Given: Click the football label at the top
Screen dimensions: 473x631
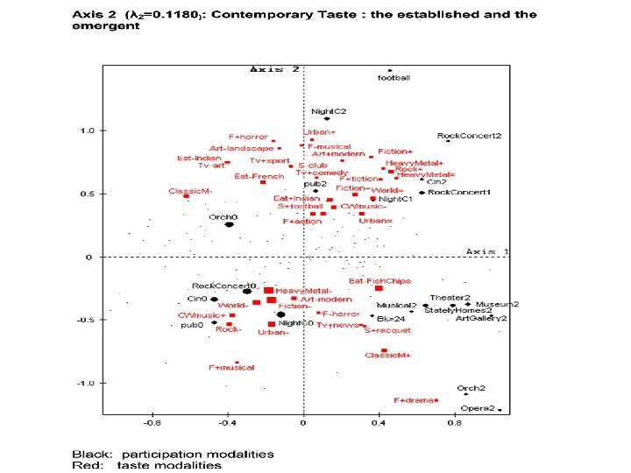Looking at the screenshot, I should pyautogui.click(x=393, y=78).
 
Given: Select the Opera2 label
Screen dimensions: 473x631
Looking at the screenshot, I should pyautogui.click(x=479, y=408).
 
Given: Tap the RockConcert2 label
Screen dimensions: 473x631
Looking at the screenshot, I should pyautogui.click(x=469, y=137).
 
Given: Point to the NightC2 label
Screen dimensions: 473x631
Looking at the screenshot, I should pyautogui.click(x=330, y=111).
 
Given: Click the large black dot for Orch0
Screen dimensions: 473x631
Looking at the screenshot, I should pyautogui.click(x=229, y=224).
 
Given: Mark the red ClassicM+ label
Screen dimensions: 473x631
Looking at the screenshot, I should pyautogui.click(x=387, y=356).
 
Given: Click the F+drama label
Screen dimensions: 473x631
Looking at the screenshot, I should pyautogui.click(x=415, y=400).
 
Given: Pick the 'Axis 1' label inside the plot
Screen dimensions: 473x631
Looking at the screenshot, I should pyautogui.click(x=487, y=251).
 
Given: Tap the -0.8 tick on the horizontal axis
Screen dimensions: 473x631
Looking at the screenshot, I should pyautogui.click(x=152, y=423).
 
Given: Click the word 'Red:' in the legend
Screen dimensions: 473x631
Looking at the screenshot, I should pyautogui.click(x=86, y=464).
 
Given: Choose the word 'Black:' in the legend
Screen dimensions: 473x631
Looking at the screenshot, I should pyautogui.click(x=91, y=454).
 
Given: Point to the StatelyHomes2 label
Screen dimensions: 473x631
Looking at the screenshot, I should pyautogui.click(x=458, y=311).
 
